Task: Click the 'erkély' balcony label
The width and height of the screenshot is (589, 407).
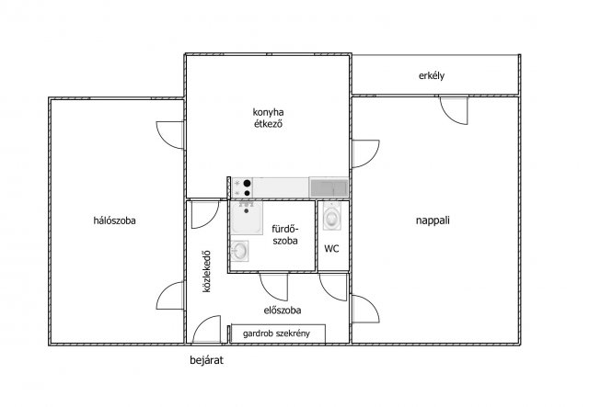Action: tap(432, 75)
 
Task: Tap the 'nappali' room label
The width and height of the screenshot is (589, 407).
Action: tap(433, 220)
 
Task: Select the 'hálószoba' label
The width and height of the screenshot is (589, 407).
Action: tap(114, 220)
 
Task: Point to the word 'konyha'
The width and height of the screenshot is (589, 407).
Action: tap(268, 112)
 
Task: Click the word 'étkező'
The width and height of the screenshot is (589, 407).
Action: tap(268, 123)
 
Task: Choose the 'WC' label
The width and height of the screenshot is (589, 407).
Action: tap(331, 249)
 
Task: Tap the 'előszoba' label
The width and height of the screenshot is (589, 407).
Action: tap(283, 311)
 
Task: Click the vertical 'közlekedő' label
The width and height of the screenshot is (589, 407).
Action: tap(206, 272)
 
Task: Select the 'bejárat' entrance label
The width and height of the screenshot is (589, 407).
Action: tap(206, 360)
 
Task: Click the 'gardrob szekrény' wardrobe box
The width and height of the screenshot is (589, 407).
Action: tap(278, 334)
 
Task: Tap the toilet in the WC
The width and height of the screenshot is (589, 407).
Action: tap(332, 217)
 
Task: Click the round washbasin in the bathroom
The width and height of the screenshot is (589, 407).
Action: tap(239, 251)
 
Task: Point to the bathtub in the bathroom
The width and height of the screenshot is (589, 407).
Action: tap(247, 218)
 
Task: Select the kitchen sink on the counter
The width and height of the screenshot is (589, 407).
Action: tap(329, 187)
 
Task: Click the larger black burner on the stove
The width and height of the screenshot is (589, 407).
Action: tap(248, 184)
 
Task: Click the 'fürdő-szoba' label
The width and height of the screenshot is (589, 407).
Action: tap(285, 234)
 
